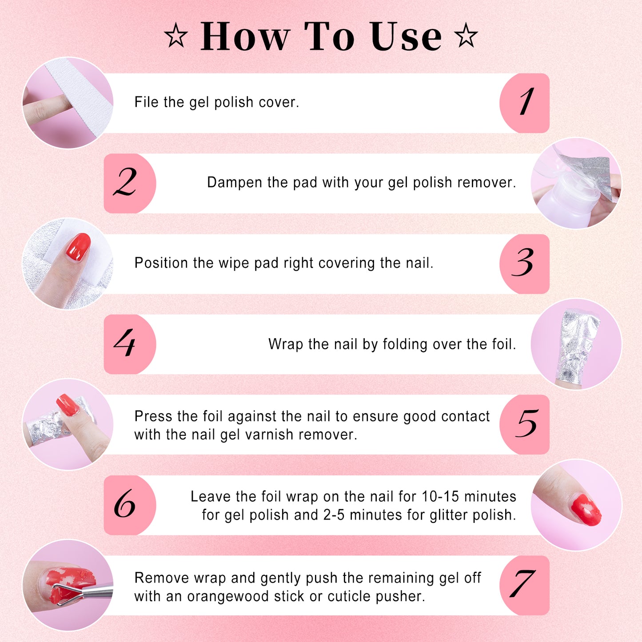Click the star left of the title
pyautogui.click(x=176, y=36)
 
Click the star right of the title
pyautogui.click(x=466, y=36)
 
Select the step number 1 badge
pyautogui.click(x=525, y=103)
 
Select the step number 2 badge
pyautogui.click(x=129, y=183)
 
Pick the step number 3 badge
pyautogui.click(x=525, y=263)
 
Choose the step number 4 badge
pyautogui.click(x=129, y=344)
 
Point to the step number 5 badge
pyautogui.click(x=525, y=424)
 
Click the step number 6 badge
pyautogui.click(x=129, y=505)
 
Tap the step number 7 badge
pyautogui.click(x=525, y=585)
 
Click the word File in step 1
pyautogui.click(x=146, y=102)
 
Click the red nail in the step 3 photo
pyautogui.click(x=78, y=247)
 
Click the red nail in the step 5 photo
pyautogui.click(x=68, y=405)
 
